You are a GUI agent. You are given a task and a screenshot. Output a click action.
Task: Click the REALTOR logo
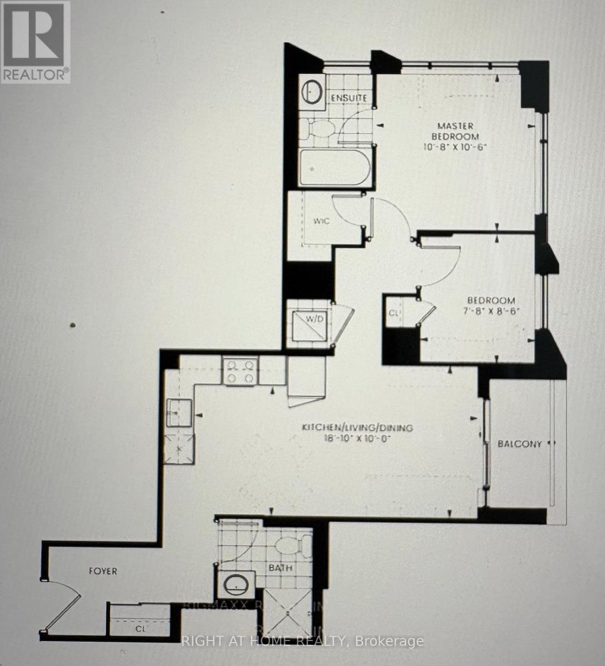tap(36, 42)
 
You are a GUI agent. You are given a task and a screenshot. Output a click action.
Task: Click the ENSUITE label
tap(349, 98)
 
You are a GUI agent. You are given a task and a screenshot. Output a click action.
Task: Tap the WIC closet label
tap(321, 221)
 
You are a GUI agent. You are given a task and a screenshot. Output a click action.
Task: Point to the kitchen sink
tap(179, 412)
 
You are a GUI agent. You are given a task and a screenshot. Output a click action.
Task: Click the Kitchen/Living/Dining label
tap(357, 427)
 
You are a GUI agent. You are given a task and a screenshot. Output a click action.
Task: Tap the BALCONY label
tap(519, 443)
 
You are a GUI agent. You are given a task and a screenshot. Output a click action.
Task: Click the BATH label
tap(280, 568)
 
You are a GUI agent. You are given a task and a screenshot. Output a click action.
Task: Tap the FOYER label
tap(103, 571)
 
